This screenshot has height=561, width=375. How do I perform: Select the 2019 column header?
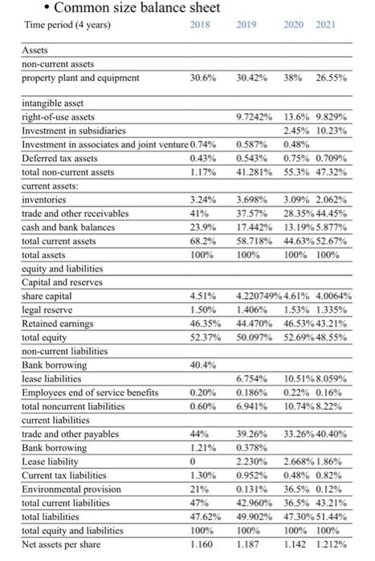(x=246, y=25)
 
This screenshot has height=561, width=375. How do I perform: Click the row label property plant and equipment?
(x=80, y=78)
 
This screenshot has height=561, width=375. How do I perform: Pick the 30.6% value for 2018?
(x=202, y=78)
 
